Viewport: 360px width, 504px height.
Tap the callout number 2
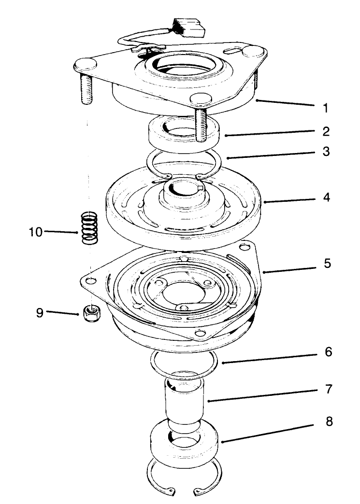[x=326, y=131]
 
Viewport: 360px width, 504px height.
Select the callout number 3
[x=326, y=152]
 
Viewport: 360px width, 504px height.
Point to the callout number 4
[x=326, y=198]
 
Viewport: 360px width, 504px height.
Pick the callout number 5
[x=326, y=265]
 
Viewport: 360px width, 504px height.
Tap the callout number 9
[x=40, y=312]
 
